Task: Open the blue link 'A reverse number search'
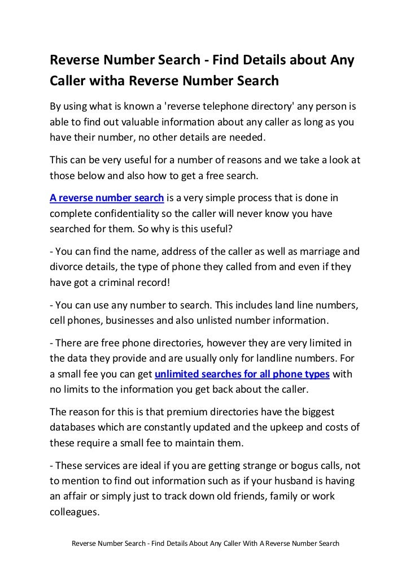click(107, 198)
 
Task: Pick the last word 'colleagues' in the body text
click(75, 514)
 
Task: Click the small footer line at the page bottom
click(204, 544)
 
